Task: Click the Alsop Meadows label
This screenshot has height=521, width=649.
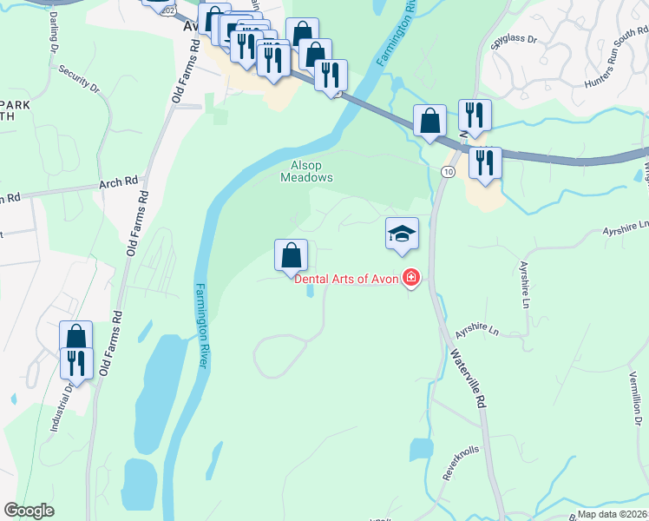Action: point(306,171)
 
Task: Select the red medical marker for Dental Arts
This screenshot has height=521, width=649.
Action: point(410,279)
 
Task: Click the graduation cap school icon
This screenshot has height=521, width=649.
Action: point(402,234)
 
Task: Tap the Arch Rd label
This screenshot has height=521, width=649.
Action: point(119,183)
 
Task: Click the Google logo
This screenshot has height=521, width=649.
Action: point(29,511)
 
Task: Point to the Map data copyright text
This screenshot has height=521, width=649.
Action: point(612,514)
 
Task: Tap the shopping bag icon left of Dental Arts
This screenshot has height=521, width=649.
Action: point(292,255)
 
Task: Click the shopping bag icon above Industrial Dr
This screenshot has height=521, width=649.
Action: point(75,337)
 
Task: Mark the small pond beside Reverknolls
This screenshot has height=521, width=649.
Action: point(422,449)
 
